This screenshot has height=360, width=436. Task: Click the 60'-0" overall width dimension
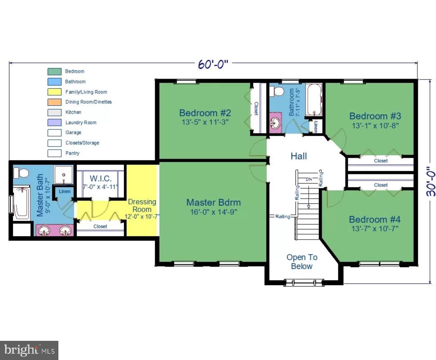213,64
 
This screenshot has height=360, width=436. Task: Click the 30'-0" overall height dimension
431,181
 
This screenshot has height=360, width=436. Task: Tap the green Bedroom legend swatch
54,71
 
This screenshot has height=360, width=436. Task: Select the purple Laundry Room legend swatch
54,123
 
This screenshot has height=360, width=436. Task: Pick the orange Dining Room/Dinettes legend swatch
54,102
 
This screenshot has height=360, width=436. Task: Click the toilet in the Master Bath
21,173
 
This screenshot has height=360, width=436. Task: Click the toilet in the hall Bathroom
277,91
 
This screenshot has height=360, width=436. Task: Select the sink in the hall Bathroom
275,122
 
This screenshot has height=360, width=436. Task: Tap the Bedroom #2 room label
205,113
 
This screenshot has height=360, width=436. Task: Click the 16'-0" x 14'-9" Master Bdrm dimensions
214,212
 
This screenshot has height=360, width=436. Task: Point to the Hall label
299,156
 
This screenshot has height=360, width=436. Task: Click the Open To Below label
302,262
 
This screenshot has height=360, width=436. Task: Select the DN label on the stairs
309,179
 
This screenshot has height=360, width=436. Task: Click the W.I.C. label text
101,179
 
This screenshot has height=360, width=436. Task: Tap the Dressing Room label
142,205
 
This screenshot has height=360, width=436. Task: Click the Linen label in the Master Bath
64,191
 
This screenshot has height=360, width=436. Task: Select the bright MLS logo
29,350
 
